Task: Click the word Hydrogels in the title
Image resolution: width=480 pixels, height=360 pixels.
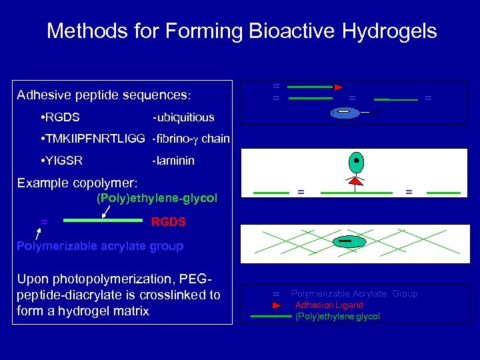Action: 389,31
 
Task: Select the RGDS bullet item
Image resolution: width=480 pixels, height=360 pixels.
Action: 60,117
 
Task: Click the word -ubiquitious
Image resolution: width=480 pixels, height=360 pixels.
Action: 183,117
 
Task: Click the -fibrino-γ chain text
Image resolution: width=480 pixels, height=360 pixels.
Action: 191,139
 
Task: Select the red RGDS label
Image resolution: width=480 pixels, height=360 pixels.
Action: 168,221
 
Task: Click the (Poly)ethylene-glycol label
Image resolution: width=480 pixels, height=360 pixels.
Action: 157,198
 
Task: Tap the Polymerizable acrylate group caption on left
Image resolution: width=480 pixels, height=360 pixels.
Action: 100,246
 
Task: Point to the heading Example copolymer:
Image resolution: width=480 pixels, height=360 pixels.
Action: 77,182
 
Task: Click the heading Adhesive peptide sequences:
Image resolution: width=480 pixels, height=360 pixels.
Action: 104,95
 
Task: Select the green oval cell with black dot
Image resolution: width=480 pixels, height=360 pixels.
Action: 357,162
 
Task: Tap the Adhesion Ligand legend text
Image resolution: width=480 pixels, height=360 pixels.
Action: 329,305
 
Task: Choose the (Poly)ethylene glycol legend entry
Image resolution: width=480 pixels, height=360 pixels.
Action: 337,316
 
